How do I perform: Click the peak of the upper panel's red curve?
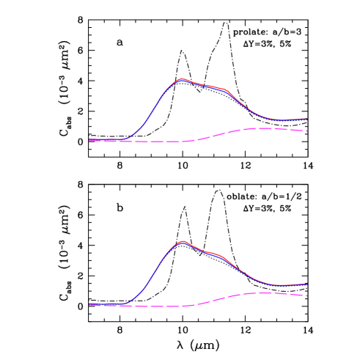coord(181,78)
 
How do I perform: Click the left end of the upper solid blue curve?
coord(89,139)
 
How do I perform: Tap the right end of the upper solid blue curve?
coord(305,118)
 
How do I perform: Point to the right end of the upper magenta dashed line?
coord(306,131)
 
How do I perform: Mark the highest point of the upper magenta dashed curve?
coord(262,128)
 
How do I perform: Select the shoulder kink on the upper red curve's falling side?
coord(225,91)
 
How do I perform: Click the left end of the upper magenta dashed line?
coord(89,141)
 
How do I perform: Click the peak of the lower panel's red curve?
coord(182,240)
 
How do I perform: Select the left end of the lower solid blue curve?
coord(89,304)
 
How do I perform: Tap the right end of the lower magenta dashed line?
coord(306,295)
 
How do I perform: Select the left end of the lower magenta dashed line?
coord(89,305)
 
